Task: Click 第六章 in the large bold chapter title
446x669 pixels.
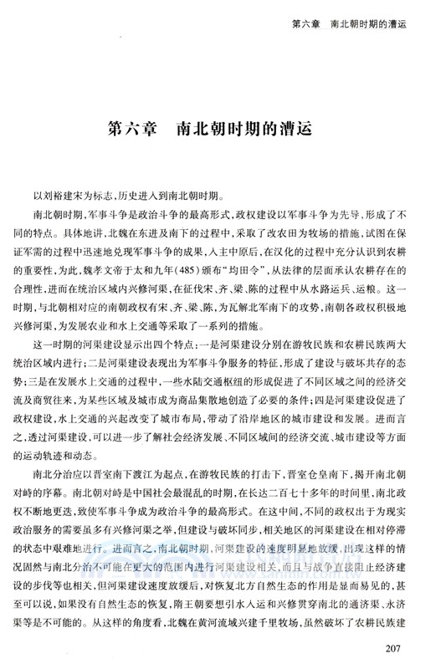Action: click(x=135, y=131)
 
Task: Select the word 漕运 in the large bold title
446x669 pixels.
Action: click(x=292, y=131)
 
